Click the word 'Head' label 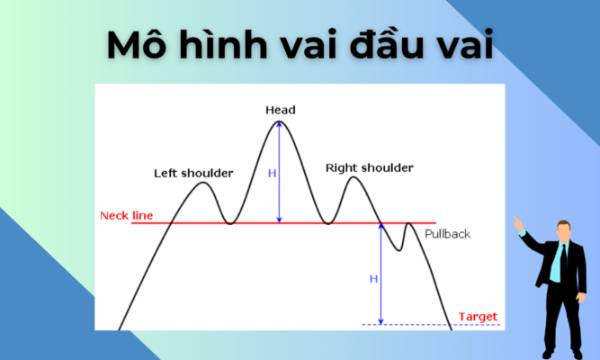click(x=281, y=110)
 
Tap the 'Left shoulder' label click(x=193, y=172)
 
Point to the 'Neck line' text click(x=127, y=216)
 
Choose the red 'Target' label click(x=477, y=317)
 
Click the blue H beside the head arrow click(x=272, y=173)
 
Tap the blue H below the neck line click(x=373, y=279)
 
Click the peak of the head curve click(x=281, y=121)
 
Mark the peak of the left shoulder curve click(x=203, y=184)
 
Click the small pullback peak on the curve click(x=409, y=224)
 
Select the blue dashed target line click(x=405, y=324)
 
